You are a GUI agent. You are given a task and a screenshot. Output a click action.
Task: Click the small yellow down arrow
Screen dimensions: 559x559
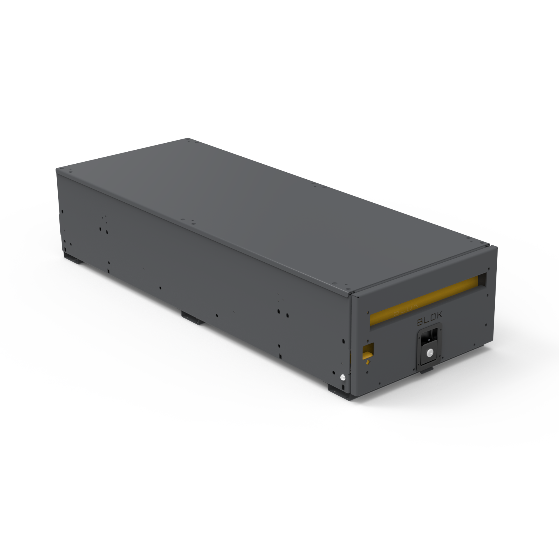click(368, 362)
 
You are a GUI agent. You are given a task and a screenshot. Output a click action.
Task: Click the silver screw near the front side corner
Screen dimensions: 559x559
click(343, 377)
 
